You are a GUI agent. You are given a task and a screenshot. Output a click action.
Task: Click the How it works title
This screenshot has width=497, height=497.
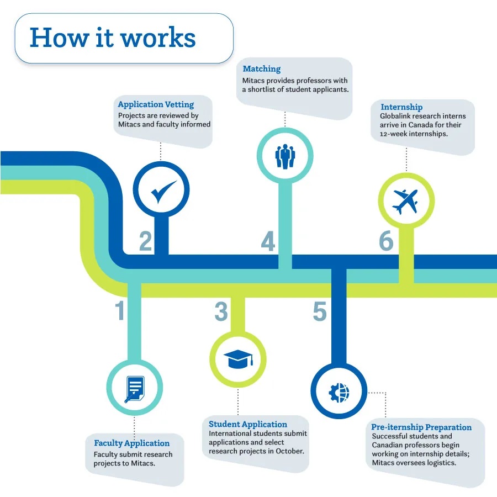pos(113,38)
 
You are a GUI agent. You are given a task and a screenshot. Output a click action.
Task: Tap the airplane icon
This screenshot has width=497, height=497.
pos(406,201)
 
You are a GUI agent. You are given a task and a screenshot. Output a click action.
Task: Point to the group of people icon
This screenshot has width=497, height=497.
pos(285,156)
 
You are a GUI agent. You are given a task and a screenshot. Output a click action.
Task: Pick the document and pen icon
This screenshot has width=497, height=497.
pos(134,388)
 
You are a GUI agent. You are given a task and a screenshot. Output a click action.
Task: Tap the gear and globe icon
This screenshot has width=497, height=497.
pos(339,392)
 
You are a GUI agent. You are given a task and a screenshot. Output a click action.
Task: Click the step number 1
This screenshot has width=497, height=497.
pos(120,311)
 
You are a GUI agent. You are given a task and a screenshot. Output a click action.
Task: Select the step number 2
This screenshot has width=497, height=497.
pos(145,241)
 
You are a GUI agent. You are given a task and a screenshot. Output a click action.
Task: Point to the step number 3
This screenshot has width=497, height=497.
pos(221,311)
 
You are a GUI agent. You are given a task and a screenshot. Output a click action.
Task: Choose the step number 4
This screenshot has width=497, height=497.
pos(268,242)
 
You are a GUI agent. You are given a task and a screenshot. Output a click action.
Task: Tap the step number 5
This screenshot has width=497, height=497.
pos(320,311)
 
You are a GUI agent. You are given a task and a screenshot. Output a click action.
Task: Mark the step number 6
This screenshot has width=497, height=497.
pos(386,241)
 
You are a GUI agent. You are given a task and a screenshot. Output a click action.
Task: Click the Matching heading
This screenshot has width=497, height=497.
pos(261,69)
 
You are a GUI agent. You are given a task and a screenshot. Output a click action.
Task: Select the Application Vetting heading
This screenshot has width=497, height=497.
pos(156,104)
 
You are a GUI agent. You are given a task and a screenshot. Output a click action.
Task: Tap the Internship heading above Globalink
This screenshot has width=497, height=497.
pos(401,107)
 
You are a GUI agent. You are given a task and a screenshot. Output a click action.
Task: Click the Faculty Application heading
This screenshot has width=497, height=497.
pos(131,443)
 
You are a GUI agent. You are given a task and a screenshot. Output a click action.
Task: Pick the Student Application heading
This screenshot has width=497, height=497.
pos(247,424)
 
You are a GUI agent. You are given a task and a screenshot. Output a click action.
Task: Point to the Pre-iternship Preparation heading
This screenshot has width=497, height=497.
pos(421,427)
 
